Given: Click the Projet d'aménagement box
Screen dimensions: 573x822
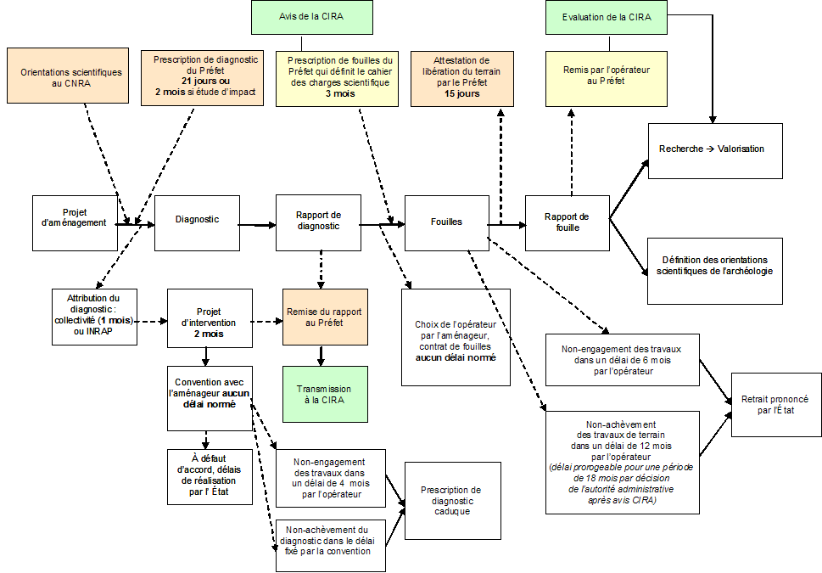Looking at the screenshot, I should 75,222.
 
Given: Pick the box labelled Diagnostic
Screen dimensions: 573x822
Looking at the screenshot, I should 197,222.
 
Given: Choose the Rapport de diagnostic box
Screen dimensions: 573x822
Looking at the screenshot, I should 318,222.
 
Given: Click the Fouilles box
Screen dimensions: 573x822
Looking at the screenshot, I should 446,222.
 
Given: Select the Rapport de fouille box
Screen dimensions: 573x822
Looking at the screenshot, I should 567,222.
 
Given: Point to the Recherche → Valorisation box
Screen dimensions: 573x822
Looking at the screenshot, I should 715,149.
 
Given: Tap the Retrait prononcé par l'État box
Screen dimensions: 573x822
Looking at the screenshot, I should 775,405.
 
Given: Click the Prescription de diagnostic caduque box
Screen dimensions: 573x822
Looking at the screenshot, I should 450,501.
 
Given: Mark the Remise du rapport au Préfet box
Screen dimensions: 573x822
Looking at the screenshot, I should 326,317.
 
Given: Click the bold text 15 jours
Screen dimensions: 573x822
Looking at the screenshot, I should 461,93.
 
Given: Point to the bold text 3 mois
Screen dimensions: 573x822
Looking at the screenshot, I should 338,93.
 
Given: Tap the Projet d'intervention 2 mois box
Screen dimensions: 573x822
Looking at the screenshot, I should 210,317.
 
